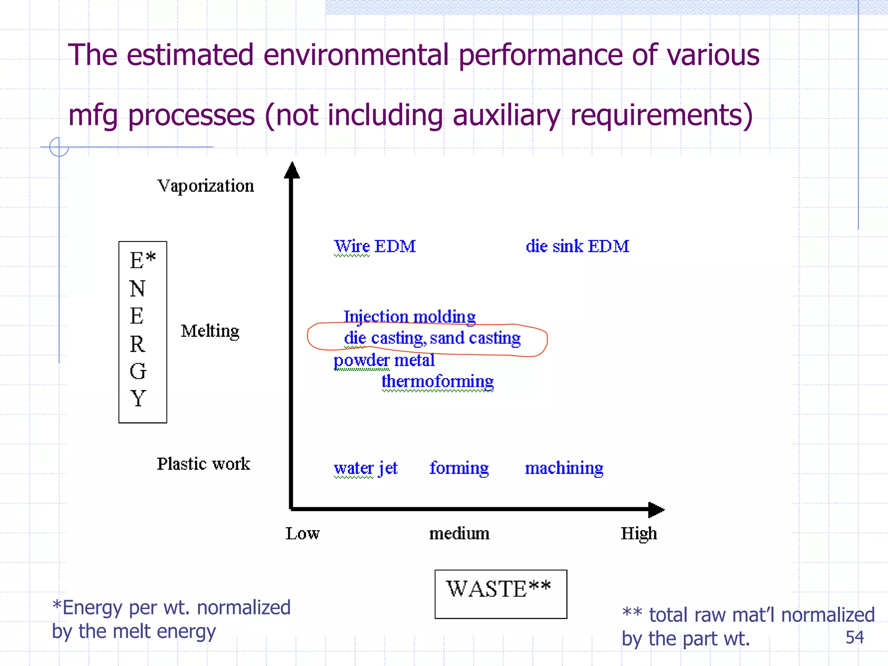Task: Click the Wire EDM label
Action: click(x=375, y=246)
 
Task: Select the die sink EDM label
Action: click(x=577, y=246)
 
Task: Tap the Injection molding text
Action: click(x=409, y=317)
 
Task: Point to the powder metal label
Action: click(x=384, y=360)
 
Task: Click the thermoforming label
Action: click(x=437, y=381)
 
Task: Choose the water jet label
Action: click(x=366, y=468)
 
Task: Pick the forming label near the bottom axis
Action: click(x=459, y=468)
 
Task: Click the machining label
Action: click(x=564, y=468)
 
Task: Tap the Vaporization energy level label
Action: click(x=206, y=186)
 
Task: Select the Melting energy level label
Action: click(x=210, y=331)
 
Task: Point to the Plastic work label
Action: click(x=203, y=464)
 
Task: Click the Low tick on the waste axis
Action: click(x=302, y=533)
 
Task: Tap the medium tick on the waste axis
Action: click(x=459, y=533)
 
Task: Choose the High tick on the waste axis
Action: click(x=639, y=533)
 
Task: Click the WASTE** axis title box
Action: click(x=500, y=594)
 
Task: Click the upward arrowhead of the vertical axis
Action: click(x=292, y=170)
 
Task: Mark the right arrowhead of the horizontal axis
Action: click(x=656, y=510)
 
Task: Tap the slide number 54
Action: click(x=854, y=637)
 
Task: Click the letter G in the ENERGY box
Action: click(x=138, y=371)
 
